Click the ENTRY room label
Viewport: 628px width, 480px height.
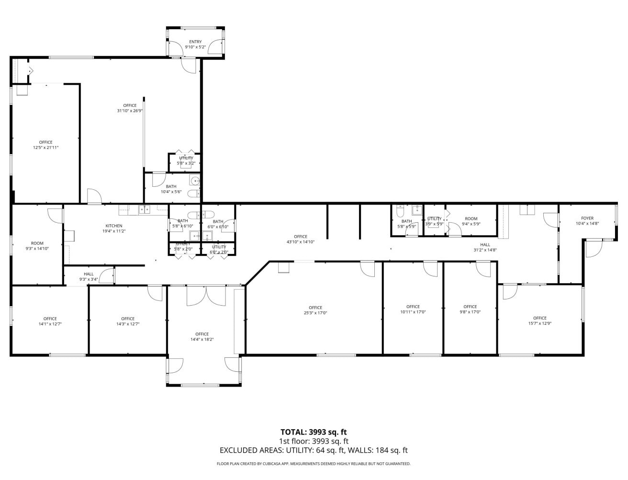click(195, 42)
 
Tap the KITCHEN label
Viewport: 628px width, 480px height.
click(114, 226)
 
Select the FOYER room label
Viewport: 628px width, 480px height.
click(587, 218)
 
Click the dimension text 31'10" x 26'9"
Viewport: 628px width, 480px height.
click(130, 111)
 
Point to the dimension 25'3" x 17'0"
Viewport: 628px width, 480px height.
click(315, 313)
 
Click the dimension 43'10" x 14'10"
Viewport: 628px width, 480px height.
click(301, 242)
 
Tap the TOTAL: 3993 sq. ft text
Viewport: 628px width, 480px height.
click(314, 432)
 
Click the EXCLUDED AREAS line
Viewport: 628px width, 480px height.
click(314, 450)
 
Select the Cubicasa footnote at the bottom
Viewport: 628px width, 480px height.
click(314, 464)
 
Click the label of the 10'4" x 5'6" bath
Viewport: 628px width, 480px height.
click(171, 186)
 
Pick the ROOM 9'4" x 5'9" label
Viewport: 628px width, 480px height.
click(471, 218)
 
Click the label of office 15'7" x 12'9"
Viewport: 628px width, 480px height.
click(540, 318)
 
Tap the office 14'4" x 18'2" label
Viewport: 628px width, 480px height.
click(202, 334)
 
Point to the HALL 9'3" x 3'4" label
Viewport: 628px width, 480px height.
click(89, 274)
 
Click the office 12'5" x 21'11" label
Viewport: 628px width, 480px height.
click(45, 142)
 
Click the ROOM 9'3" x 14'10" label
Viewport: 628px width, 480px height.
click(37, 243)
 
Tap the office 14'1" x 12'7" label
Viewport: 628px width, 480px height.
click(50, 319)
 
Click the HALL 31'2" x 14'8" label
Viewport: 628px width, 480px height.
click(485, 244)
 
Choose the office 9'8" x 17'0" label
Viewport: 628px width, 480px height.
click(470, 307)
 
